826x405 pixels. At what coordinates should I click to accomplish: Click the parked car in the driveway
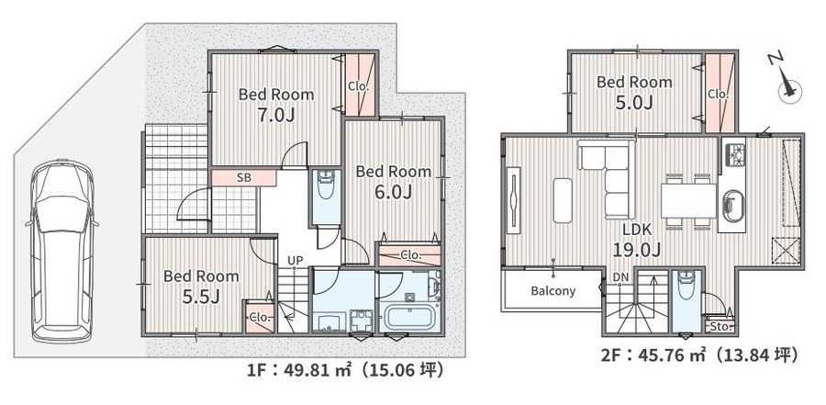(x=61, y=251)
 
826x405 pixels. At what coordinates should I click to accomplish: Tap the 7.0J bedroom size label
(x=276, y=116)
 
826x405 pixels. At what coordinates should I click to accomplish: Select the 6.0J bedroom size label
(x=393, y=193)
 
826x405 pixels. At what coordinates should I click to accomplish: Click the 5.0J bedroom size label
(x=634, y=102)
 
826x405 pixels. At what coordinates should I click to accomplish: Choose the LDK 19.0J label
(x=637, y=240)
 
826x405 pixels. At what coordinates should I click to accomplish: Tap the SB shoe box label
(x=243, y=178)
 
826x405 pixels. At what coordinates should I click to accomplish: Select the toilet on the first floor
(x=326, y=186)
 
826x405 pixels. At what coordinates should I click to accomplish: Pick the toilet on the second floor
(x=686, y=286)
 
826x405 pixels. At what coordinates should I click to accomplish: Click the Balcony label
(x=553, y=290)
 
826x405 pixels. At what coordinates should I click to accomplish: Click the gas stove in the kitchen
(x=733, y=154)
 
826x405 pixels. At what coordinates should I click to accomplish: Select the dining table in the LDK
(x=688, y=200)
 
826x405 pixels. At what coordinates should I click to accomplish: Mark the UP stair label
(x=295, y=260)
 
